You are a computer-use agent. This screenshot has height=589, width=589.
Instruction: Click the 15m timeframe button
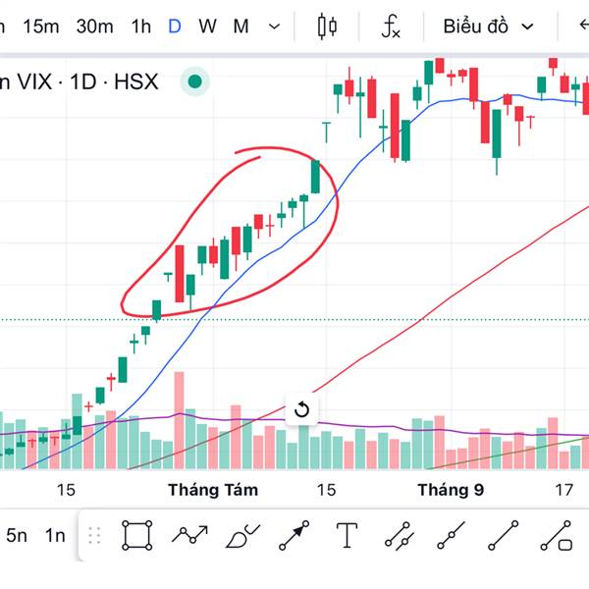(40, 27)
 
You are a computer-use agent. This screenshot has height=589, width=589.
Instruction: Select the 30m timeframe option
(94, 27)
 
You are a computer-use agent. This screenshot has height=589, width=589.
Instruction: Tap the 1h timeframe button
(140, 27)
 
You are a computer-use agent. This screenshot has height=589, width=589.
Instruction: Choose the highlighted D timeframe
(175, 27)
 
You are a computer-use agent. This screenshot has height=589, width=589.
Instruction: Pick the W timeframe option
(207, 27)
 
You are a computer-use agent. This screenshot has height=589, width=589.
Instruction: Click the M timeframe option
(241, 27)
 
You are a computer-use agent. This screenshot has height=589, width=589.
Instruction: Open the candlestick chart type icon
(328, 27)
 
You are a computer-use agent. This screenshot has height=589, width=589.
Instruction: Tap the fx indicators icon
(391, 27)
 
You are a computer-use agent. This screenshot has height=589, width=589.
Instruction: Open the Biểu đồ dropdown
(488, 27)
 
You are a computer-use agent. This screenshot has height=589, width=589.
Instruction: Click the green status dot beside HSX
(196, 82)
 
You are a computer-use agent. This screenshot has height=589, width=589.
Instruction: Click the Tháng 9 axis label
(450, 489)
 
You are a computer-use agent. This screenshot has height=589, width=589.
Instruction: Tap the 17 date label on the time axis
(563, 489)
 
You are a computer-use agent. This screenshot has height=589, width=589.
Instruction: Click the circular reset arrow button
(301, 409)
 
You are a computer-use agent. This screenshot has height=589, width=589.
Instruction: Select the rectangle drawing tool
(137, 535)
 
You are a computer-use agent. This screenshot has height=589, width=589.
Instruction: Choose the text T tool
(347, 535)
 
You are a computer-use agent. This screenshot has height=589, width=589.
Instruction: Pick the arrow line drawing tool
(294, 535)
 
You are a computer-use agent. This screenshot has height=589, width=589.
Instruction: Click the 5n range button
(17, 535)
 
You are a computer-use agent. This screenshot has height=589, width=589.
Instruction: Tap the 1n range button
(55, 535)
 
